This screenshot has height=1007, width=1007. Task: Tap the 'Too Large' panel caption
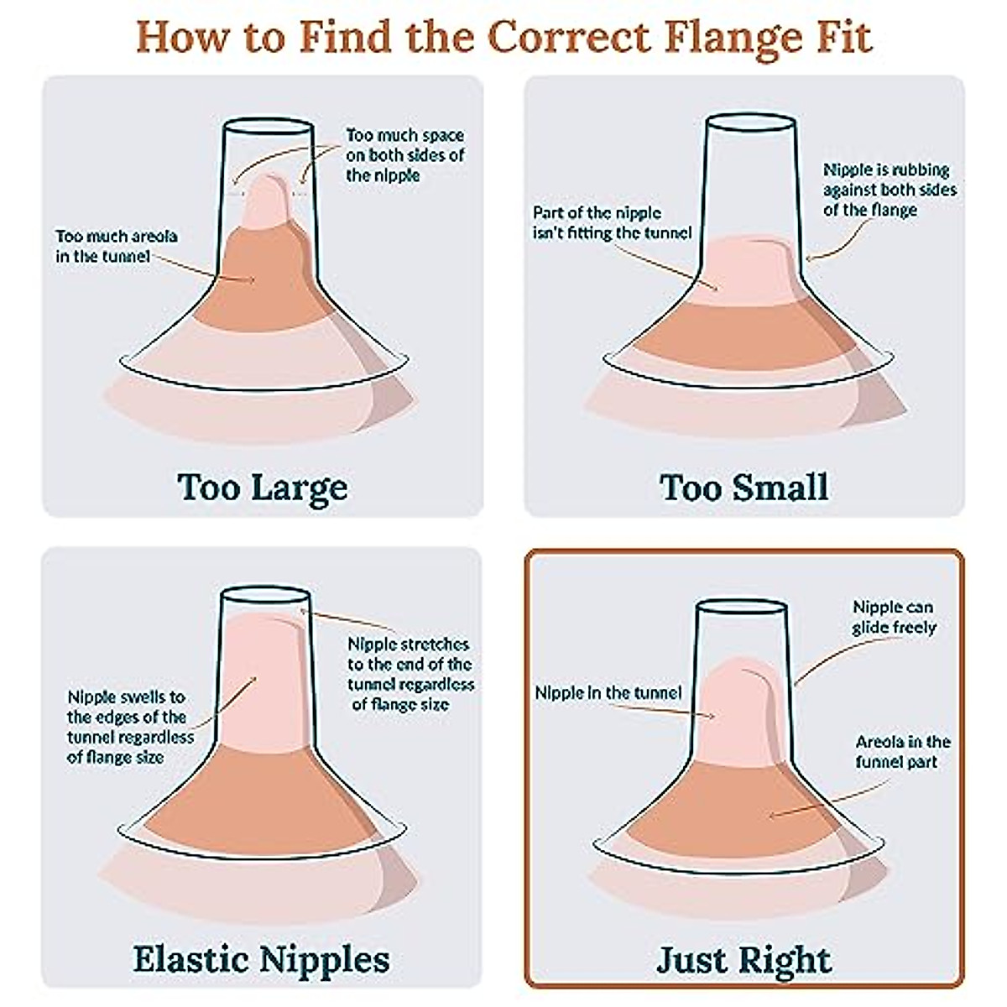(x=262, y=487)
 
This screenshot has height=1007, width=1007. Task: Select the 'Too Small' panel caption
(x=744, y=487)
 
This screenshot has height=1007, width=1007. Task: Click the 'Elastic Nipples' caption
(x=262, y=959)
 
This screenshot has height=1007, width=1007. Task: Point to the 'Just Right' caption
(x=744, y=959)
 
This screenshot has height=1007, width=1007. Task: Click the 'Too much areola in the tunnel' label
(x=116, y=246)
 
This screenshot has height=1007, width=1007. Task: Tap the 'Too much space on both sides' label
(x=404, y=155)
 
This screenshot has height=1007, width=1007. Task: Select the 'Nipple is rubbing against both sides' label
(x=889, y=190)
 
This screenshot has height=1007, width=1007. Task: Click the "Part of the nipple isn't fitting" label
(x=612, y=222)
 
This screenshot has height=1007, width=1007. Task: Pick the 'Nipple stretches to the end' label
(x=410, y=674)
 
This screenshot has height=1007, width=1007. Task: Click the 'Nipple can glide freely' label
(x=893, y=617)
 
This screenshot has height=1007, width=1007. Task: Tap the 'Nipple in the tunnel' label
(x=608, y=693)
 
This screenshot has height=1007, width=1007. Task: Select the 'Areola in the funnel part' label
(x=902, y=752)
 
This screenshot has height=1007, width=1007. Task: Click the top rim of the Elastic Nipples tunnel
(x=264, y=593)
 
